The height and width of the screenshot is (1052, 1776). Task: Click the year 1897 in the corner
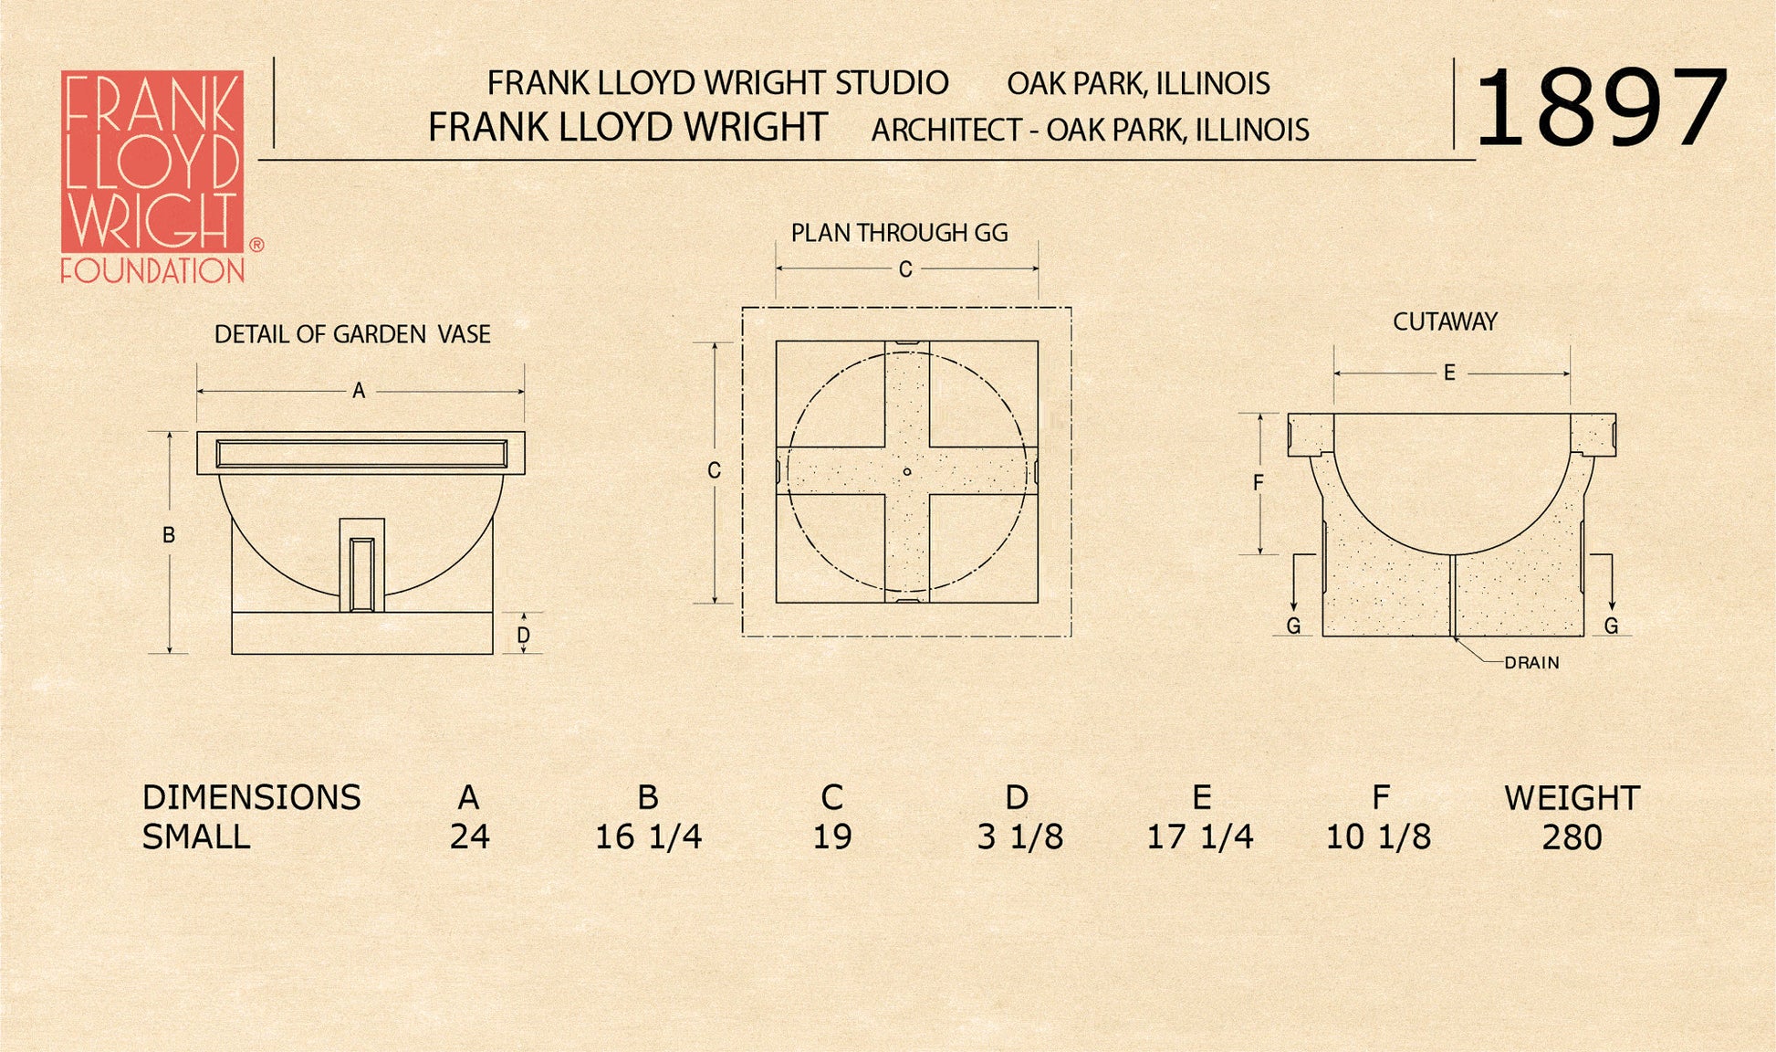pos(1601,109)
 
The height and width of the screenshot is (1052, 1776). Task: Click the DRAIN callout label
pos(1531,663)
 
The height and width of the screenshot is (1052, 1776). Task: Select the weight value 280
pos(1572,837)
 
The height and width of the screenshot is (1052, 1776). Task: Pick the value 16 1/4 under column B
pos(648,837)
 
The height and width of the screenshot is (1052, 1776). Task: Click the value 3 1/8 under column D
pos(1019,837)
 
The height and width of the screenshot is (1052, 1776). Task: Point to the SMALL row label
pos(196,837)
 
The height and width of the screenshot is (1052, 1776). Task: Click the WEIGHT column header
pos(1572,798)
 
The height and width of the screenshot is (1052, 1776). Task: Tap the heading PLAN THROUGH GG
pos(899,233)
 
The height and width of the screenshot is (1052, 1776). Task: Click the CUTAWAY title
pos(1445,321)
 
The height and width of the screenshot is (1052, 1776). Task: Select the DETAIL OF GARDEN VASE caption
pos(352,334)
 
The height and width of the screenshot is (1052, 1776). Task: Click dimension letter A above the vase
pos(359,391)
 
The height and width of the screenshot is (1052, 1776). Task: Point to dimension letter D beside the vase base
pos(523,635)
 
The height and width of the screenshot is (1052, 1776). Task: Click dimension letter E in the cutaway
pos(1448,373)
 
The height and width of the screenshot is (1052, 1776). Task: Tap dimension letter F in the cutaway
pos(1259,482)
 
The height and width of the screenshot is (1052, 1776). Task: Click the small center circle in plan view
pos(906,472)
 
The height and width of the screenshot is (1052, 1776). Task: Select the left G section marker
pos(1293,626)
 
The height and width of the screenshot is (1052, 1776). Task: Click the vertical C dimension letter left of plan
pos(714,470)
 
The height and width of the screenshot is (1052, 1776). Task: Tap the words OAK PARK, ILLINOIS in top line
pos(1138,84)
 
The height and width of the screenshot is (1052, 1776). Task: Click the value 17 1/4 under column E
pos(1199,837)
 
